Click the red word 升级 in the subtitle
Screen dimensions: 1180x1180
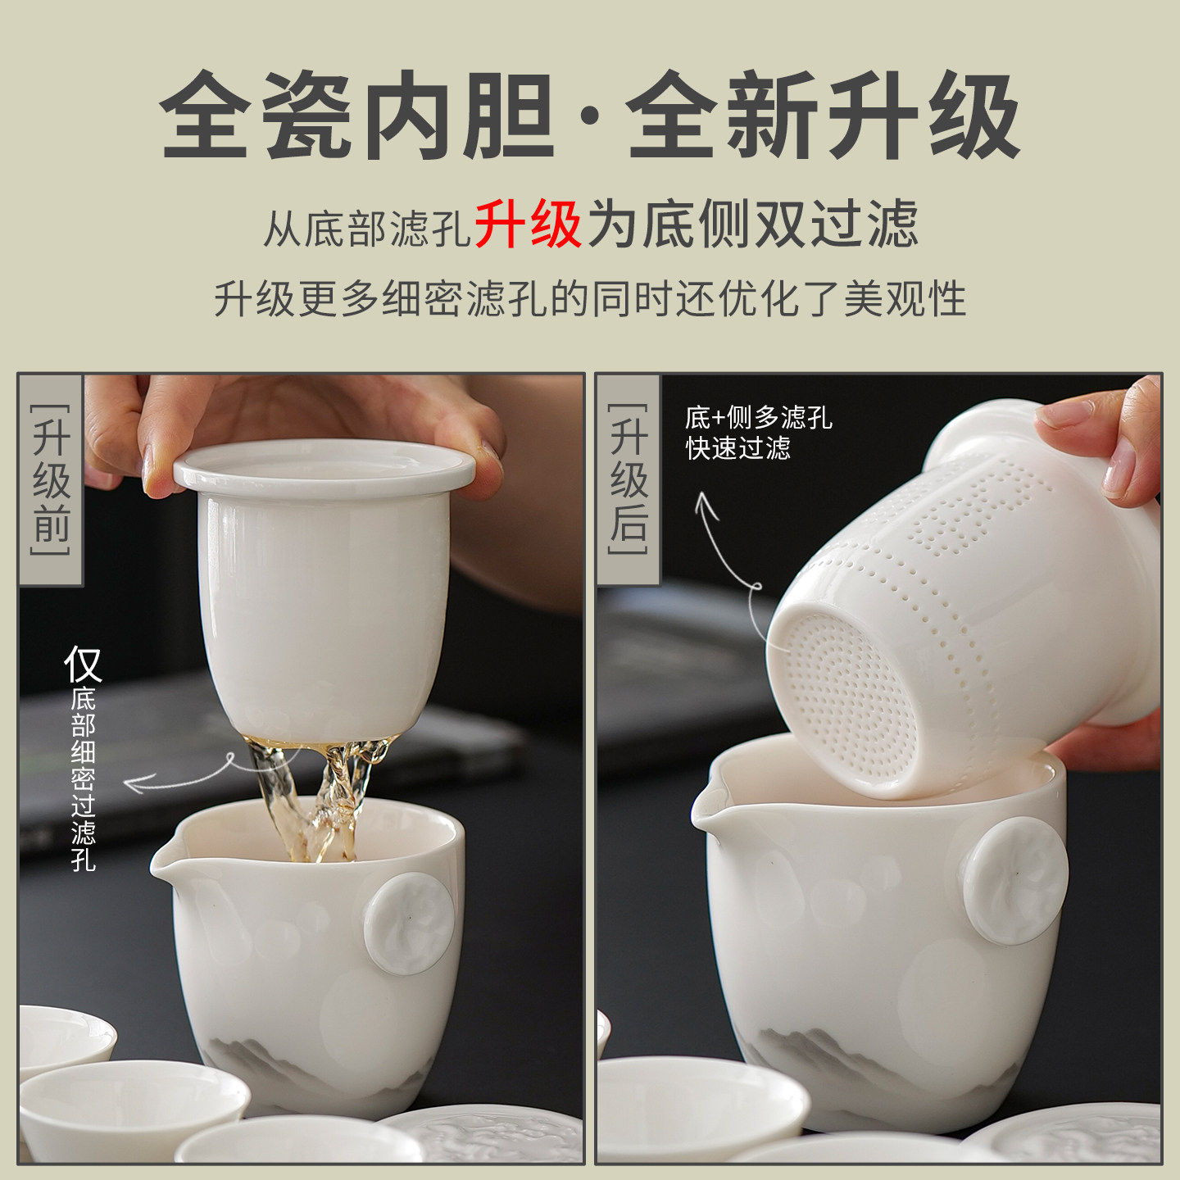(x=528, y=224)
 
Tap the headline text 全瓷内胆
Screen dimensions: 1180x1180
(x=357, y=116)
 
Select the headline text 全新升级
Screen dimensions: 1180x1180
(x=823, y=116)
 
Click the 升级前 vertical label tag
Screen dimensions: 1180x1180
(x=51, y=479)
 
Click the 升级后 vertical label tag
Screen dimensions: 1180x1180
(x=629, y=479)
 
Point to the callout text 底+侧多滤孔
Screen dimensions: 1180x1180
(x=758, y=418)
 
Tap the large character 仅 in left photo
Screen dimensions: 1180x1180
(x=83, y=664)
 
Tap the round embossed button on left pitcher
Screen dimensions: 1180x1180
(x=409, y=923)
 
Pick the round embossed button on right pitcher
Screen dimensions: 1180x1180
(x=1015, y=880)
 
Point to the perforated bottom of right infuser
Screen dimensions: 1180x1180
(x=848, y=705)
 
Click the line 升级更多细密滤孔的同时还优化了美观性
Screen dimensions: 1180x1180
(x=590, y=298)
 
